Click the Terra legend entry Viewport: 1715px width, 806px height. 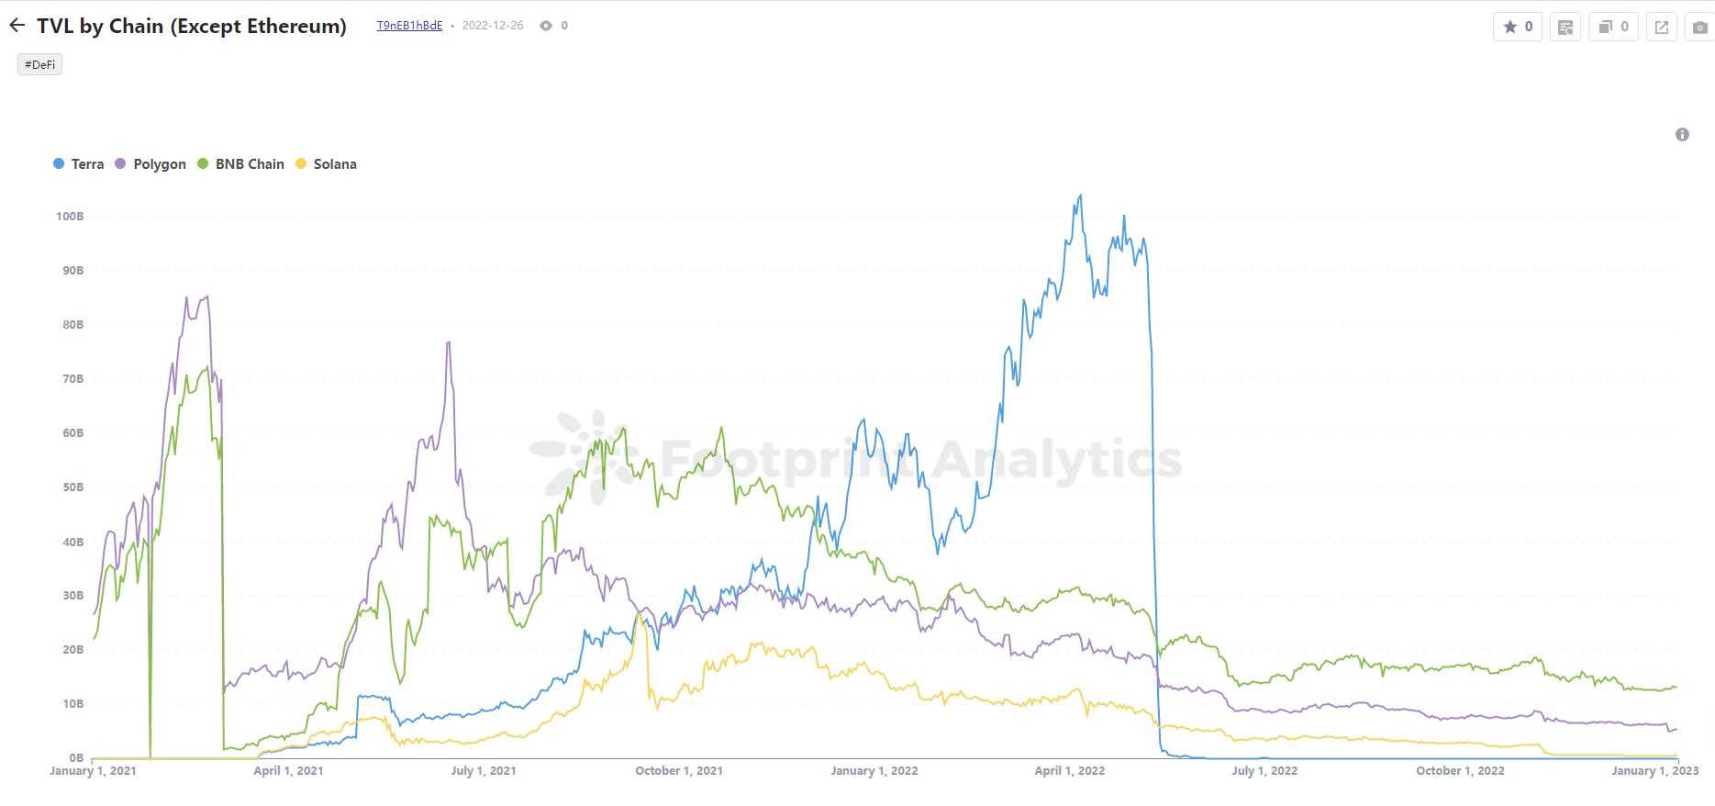click(79, 164)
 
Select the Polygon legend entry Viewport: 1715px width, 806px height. click(150, 164)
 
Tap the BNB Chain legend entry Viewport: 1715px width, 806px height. click(241, 164)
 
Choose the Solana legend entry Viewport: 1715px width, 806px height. click(326, 164)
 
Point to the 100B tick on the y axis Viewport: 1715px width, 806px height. click(70, 217)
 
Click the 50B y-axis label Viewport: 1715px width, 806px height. click(72, 487)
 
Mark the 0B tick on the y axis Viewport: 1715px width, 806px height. click(75, 757)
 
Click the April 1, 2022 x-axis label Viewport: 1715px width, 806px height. click(1069, 771)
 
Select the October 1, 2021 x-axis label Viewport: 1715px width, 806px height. click(678, 771)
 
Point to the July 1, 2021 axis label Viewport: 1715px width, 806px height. click(483, 771)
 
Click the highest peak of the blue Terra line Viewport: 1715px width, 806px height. click(1080, 196)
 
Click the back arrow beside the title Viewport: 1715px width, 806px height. click(17, 26)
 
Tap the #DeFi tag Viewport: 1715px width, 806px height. click(39, 64)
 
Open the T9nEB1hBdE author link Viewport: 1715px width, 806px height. click(409, 26)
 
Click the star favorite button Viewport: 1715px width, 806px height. click(1517, 27)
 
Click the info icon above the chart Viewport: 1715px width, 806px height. click(1682, 135)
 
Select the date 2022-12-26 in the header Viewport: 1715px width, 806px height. click(493, 26)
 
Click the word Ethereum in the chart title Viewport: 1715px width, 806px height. click(286, 26)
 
